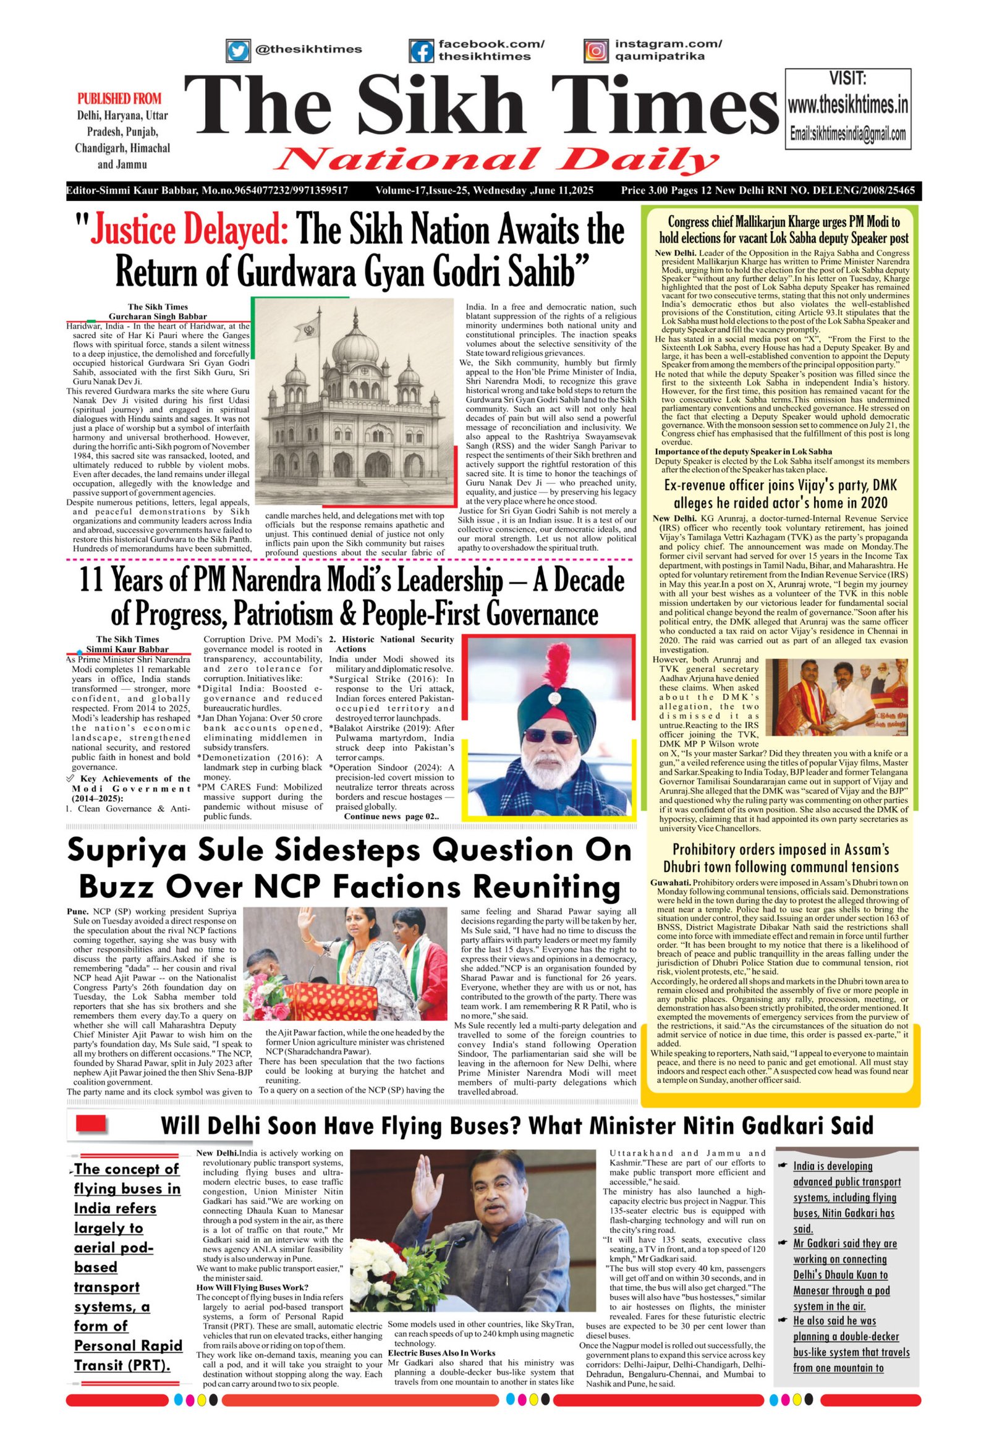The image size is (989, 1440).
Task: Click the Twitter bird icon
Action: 236,49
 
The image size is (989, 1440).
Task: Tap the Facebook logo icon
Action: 421,50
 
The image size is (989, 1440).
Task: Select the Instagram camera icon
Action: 595,49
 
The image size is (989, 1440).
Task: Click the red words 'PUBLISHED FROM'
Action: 119,98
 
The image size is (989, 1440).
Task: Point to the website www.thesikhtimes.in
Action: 847,105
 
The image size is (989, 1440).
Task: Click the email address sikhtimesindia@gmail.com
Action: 847,134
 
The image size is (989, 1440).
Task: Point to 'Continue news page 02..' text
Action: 391,816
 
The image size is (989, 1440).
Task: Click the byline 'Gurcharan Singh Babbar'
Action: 158,316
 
